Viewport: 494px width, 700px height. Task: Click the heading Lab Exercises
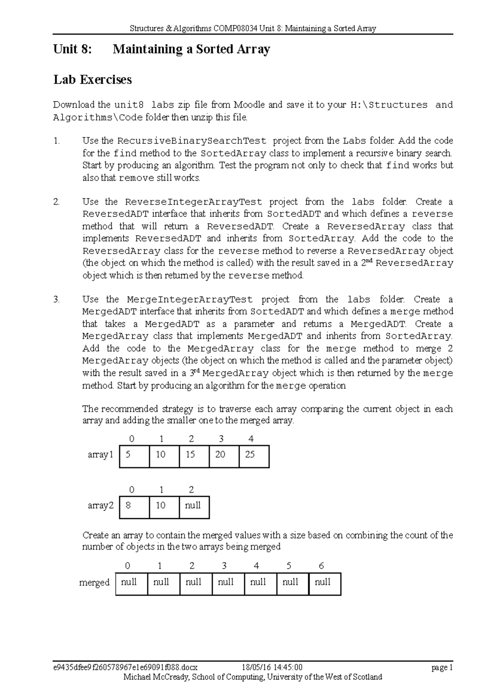pyautogui.click(x=92, y=80)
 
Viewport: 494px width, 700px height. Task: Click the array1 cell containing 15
pyautogui.click(x=194, y=456)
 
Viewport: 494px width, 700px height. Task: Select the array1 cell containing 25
pyautogui.click(x=254, y=456)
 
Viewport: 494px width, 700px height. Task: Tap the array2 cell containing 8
pyautogui.click(x=134, y=507)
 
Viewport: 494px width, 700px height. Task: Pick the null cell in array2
pyautogui.click(x=194, y=507)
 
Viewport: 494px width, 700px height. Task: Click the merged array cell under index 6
pyautogui.click(x=324, y=584)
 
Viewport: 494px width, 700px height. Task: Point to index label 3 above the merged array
pyautogui.click(x=224, y=566)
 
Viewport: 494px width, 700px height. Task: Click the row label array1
pyautogui.click(x=100, y=455)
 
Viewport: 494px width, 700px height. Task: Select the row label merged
pyautogui.click(x=94, y=583)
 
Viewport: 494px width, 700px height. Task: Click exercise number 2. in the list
pyautogui.click(x=57, y=202)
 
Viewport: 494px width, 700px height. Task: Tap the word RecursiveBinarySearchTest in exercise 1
pyautogui.click(x=192, y=141)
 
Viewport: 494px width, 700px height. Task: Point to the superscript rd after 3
pyautogui.click(x=197, y=371)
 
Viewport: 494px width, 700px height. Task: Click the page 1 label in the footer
pyautogui.click(x=442, y=668)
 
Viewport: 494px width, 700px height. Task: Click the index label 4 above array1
pyautogui.click(x=251, y=439)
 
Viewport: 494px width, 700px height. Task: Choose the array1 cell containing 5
pyautogui.click(x=134, y=456)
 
